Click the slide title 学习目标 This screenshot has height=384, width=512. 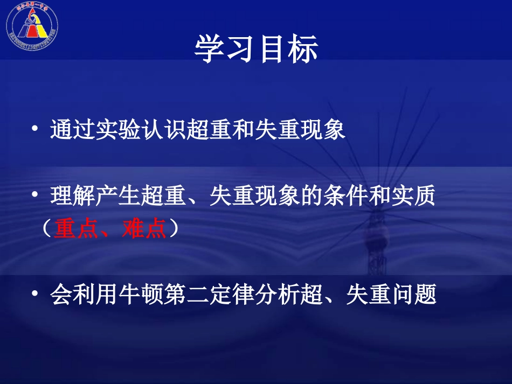click(x=256, y=50)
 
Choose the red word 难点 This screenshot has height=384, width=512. click(x=146, y=229)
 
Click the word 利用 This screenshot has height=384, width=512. click(x=96, y=295)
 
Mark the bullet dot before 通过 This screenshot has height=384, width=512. click(x=35, y=130)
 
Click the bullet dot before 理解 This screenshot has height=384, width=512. click(x=35, y=197)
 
